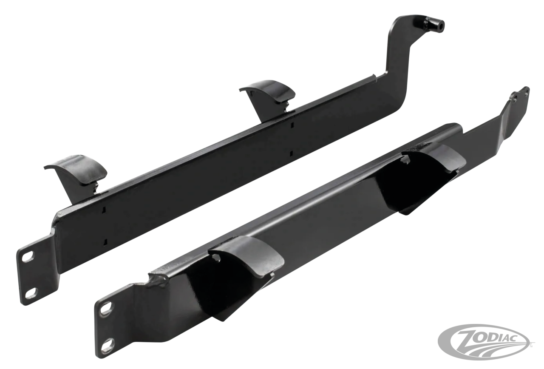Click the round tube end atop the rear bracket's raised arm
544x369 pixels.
tap(436, 25)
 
